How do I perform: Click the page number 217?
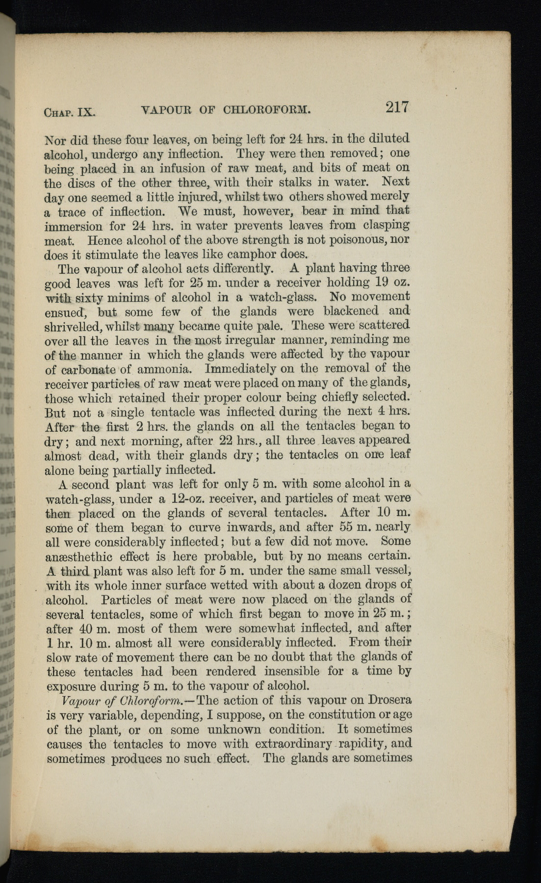point(397,107)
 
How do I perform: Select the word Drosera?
point(390,700)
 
